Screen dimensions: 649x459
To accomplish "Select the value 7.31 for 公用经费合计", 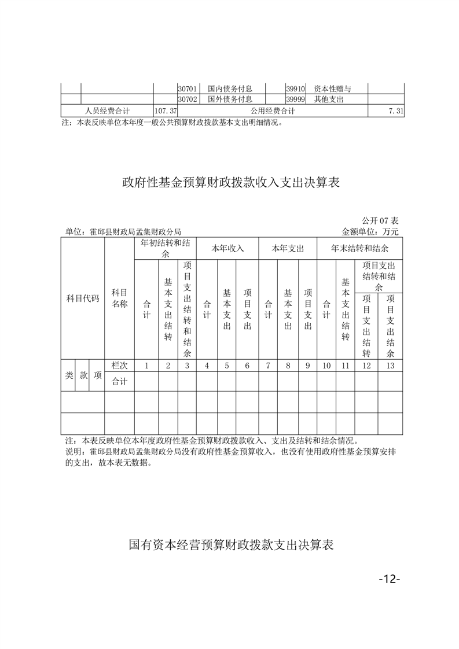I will click(396, 110).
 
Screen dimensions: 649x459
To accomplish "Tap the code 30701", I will click(188, 89).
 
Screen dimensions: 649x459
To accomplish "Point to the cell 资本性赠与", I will click(333, 89).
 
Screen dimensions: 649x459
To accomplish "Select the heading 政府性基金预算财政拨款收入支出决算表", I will click(230, 183).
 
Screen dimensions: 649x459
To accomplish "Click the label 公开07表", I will click(380, 221).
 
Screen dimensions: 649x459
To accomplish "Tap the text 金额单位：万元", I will click(370, 231).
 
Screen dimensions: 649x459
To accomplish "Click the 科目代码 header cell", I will click(83, 298).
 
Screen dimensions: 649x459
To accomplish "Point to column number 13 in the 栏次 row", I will click(390, 366).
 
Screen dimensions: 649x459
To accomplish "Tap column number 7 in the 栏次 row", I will click(268, 366).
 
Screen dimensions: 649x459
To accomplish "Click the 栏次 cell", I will click(119, 366).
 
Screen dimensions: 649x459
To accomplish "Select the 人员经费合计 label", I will click(107, 110).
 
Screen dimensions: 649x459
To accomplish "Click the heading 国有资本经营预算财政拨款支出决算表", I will click(230, 545).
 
